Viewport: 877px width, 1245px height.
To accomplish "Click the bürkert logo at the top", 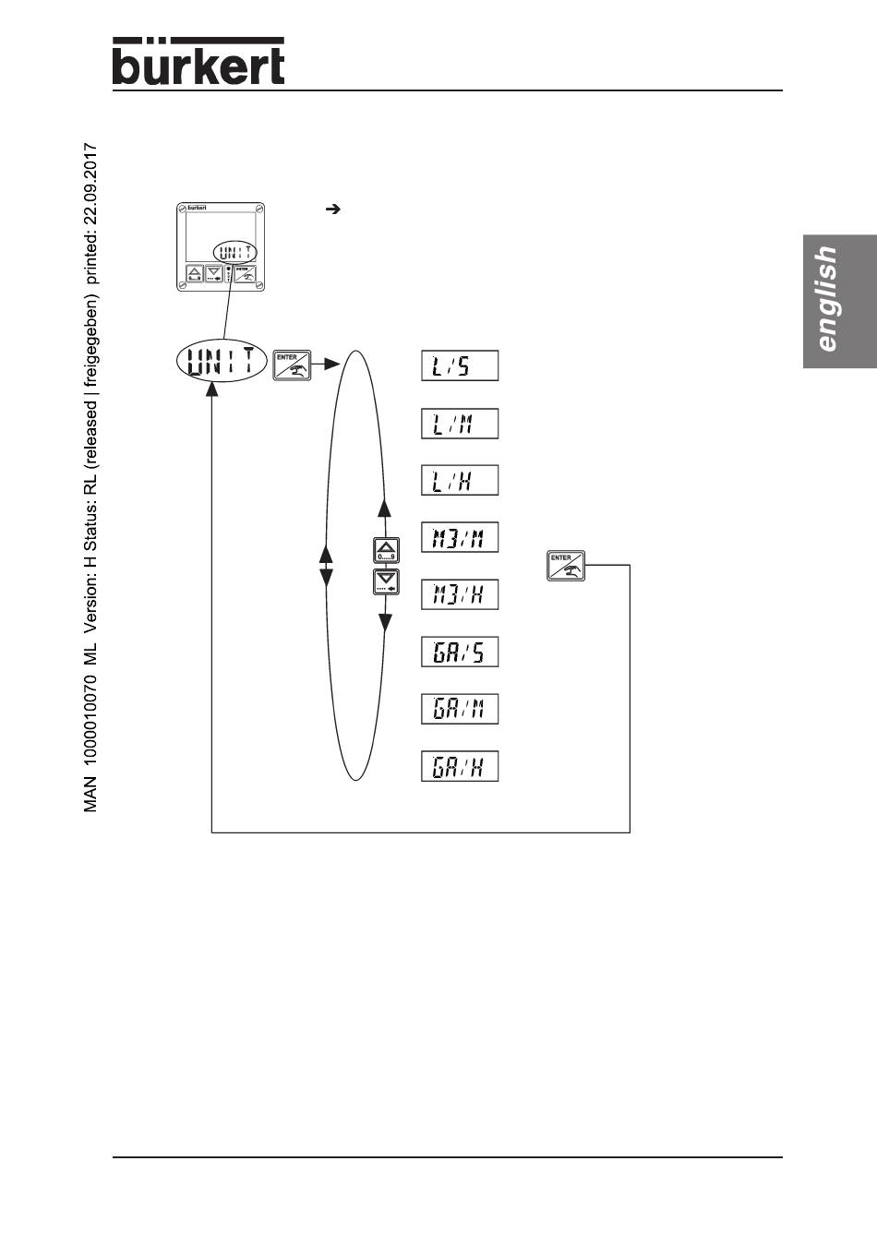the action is tap(198, 62).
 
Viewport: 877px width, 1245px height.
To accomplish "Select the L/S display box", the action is tap(460, 366).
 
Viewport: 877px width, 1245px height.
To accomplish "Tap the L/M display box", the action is tap(460, 424).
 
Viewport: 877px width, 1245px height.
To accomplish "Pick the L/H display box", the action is tap(460, 481).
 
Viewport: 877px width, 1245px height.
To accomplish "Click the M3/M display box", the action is tap(460, 538).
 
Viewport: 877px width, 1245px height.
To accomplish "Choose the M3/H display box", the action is tap(460, 595).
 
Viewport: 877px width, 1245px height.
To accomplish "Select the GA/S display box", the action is tap(460, 652).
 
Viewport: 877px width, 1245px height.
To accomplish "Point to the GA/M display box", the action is tap(460, 710).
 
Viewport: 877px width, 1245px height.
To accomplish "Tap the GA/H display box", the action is tap(460, 767).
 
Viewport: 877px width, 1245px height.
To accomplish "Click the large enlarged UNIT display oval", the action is tap(221, 361).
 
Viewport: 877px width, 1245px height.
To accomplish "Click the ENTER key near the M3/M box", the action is tap(566, 566).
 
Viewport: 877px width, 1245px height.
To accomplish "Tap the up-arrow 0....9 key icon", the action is tap(385, 550).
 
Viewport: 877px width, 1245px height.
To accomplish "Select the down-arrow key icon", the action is tap(385, 581).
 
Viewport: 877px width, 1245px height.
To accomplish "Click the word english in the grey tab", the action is tap(827, 299).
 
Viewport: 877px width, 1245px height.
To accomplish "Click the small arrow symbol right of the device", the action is tap(334, 209).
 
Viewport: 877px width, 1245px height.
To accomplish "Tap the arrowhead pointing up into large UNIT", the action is tap(212, 390).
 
